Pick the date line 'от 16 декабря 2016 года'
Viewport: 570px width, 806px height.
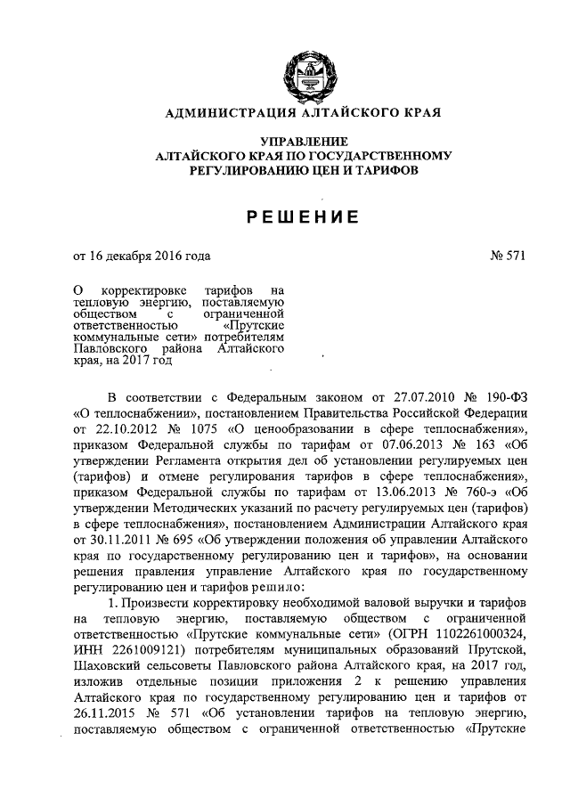[142, 257]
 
